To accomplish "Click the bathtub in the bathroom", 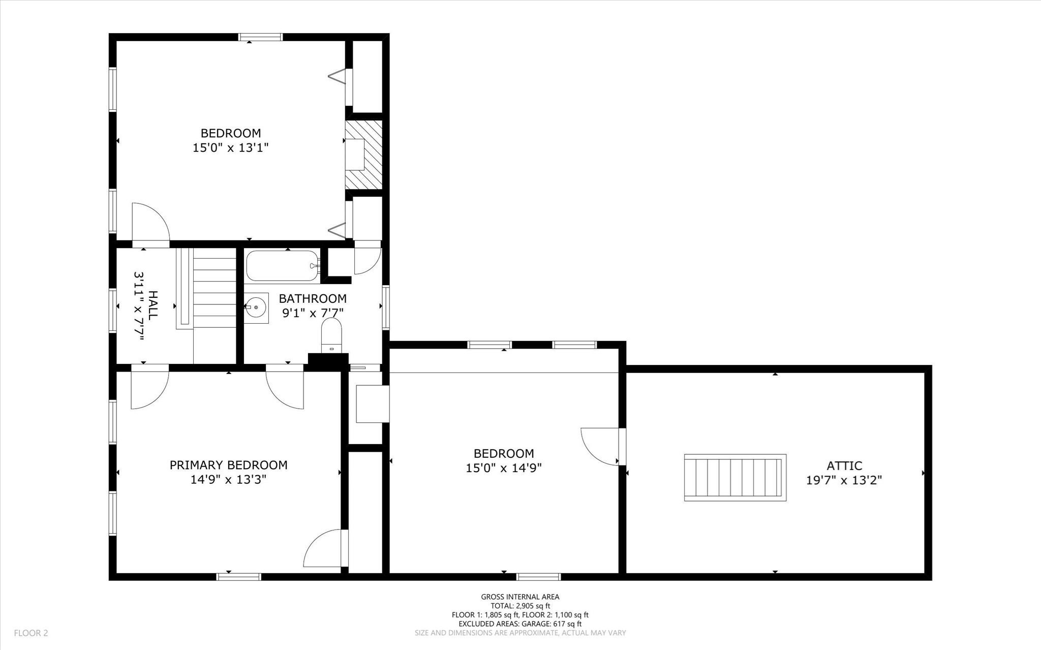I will tap(283, 266).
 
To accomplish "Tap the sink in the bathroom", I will tap(256, 307).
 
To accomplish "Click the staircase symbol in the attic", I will tap(735, 478).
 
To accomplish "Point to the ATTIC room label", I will tap(844, 466).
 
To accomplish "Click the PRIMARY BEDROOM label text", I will tap(228, 465).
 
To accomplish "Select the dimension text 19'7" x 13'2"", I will tap(844, 480).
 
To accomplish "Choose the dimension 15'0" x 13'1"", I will tap(230, 148).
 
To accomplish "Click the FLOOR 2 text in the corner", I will tap(31, 633).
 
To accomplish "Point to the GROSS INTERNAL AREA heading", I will tap(520, 597).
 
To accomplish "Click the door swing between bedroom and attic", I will tap(600, 446).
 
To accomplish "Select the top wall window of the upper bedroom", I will tap(261, 37).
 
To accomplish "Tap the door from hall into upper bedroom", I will tap(150, 224).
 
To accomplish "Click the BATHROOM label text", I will tap(313, 298).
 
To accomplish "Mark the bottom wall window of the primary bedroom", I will tap(238, 576).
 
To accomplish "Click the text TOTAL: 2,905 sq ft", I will tap(520, 606).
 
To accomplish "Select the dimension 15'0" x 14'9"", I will tap(504, 468).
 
